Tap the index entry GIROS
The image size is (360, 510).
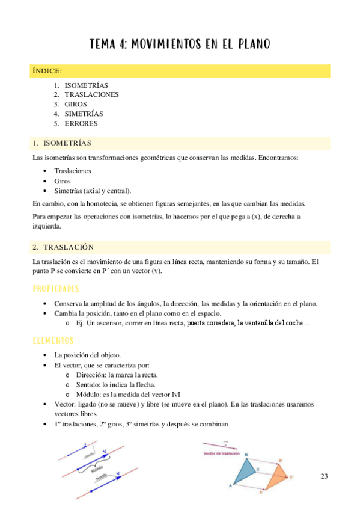76,104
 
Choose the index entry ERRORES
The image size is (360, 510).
81,124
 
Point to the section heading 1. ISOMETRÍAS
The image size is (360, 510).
63,143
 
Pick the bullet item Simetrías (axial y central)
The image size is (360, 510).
93,191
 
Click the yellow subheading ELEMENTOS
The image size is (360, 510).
54,341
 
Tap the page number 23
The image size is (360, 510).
325,476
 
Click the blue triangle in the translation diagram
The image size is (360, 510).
244,472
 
